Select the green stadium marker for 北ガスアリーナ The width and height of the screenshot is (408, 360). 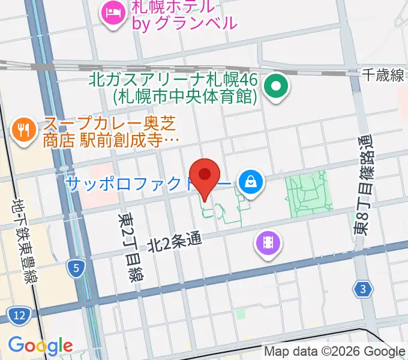pos(277,87)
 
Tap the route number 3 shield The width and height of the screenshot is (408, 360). pos(363,289)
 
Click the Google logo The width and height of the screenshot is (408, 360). pos(40,346)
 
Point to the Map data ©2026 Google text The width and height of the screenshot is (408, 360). pos(335,352)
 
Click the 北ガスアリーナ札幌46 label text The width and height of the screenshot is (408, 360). pos(175,87)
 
